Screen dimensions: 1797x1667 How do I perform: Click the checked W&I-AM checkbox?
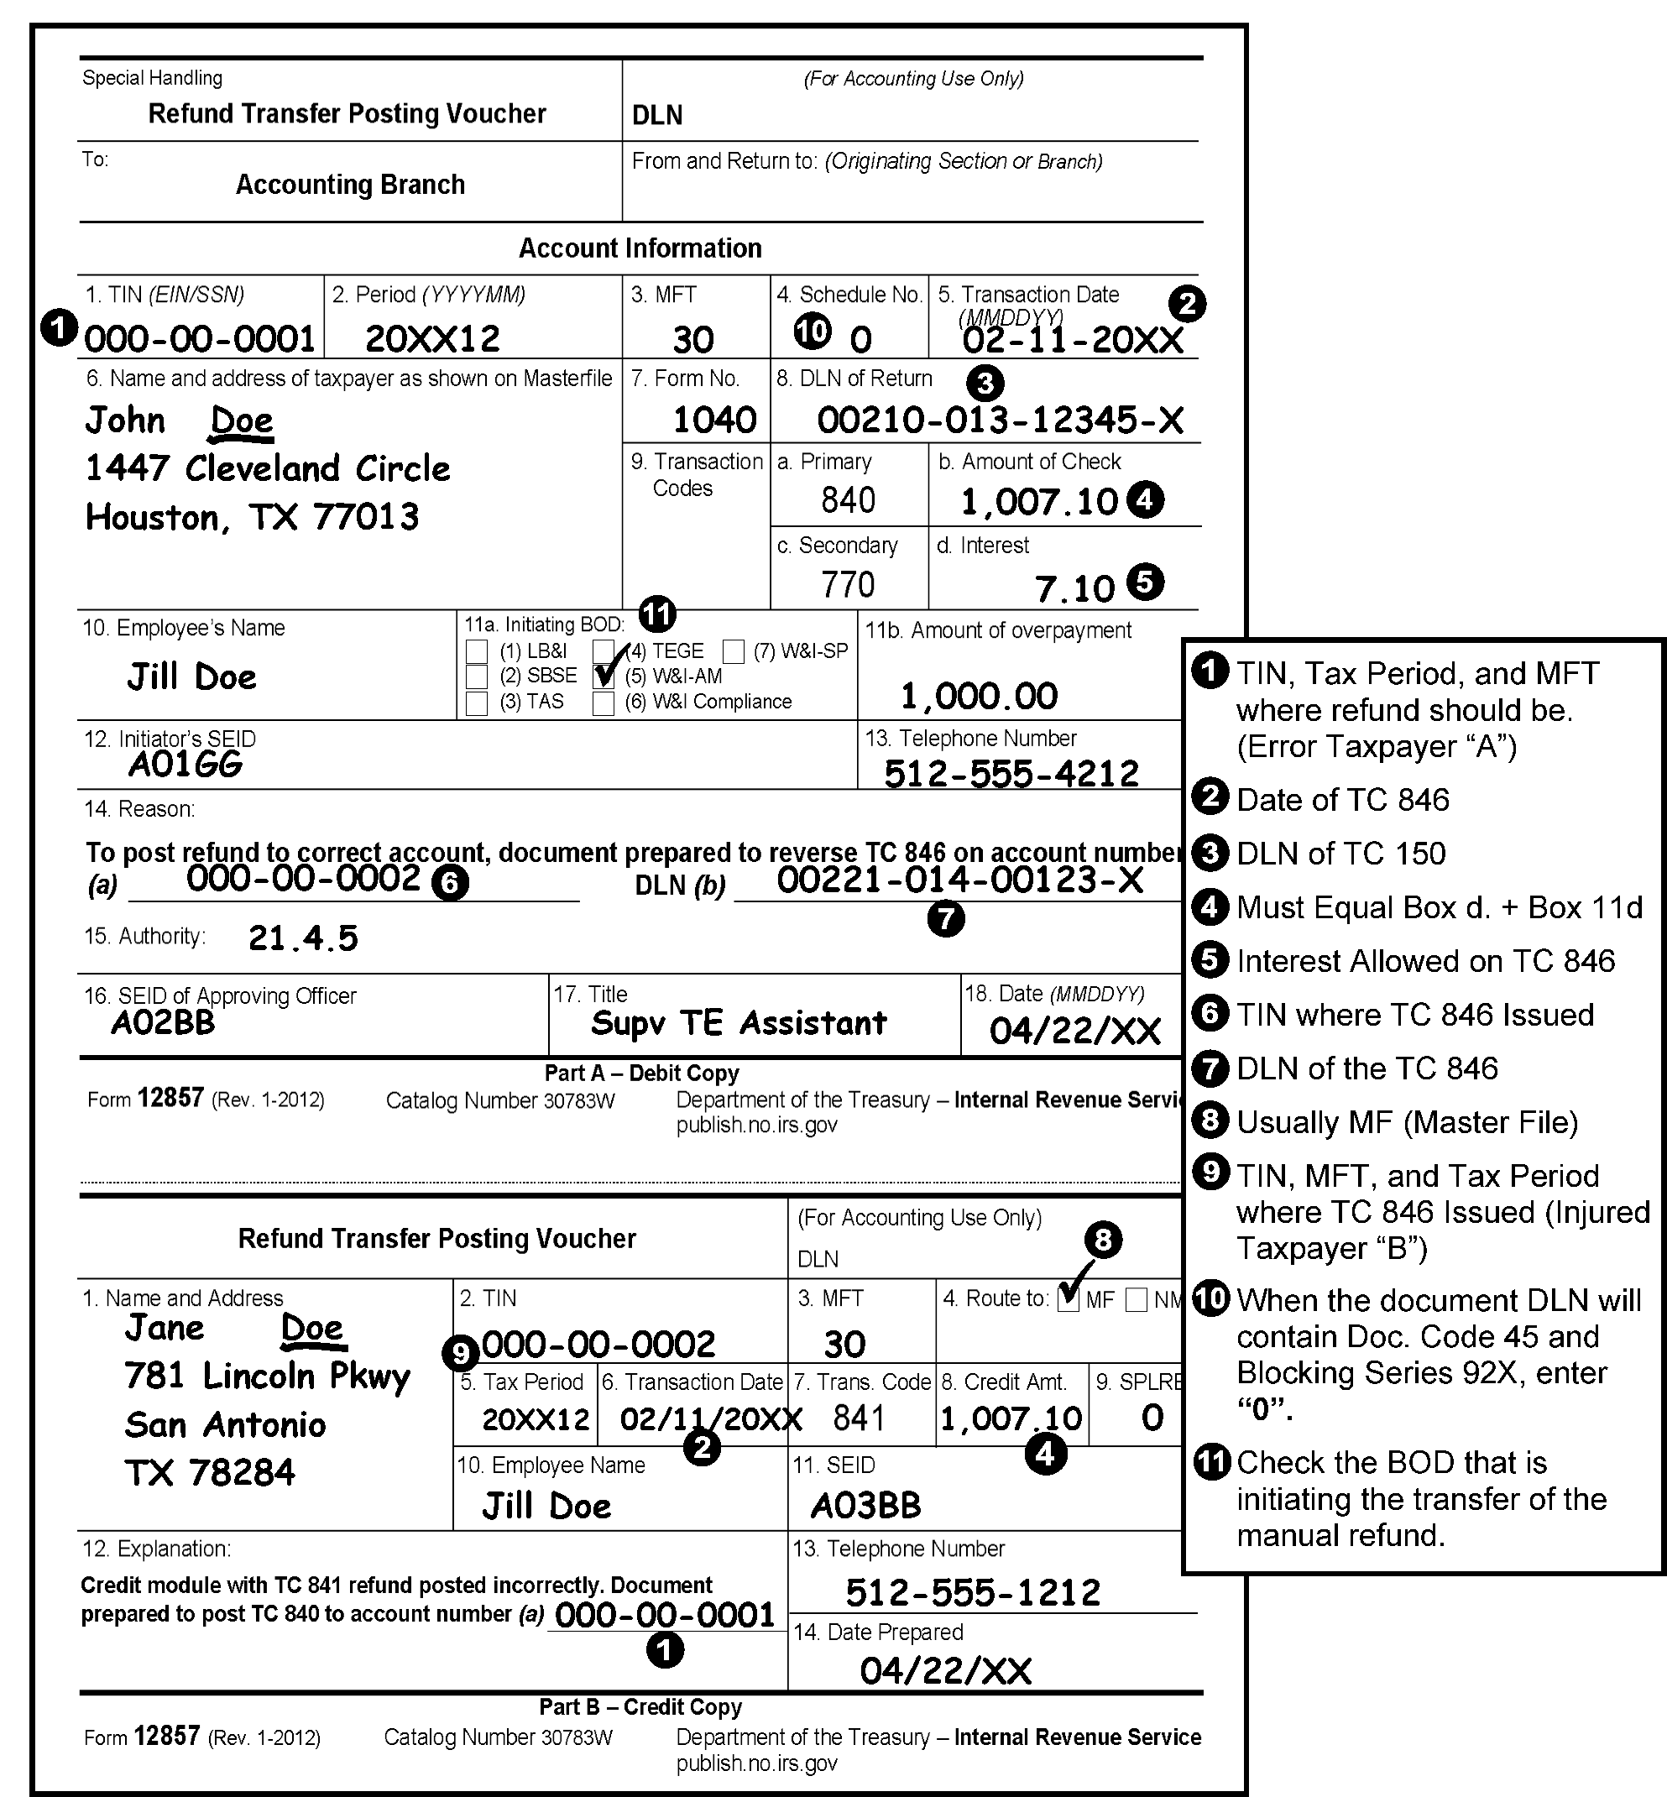click(604, 676)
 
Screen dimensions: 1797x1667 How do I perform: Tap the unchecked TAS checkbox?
click(476, 703)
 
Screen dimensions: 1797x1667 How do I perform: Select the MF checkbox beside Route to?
click(1069, 1300)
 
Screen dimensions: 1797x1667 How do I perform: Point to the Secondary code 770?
click(848, 584)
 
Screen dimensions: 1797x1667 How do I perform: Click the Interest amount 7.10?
click(1074, 589)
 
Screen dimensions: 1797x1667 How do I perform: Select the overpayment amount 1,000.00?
click(979, 696)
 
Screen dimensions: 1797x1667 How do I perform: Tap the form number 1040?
click(714, 420)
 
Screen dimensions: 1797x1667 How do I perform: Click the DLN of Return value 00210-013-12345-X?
click(1001, 420)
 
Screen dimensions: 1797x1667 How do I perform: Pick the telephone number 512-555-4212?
click(1011, 773)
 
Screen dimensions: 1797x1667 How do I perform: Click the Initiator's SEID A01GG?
click(186, 765)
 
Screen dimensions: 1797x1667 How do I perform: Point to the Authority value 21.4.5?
click(303, 938)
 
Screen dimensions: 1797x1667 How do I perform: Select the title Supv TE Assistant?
click(739, 1023)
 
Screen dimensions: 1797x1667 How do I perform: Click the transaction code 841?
click(860, 1418)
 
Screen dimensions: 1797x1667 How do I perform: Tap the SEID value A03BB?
click(866, 1505)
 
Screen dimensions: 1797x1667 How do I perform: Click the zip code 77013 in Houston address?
click(366, 517)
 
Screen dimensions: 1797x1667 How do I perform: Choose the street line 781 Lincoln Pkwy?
click(267, 1376)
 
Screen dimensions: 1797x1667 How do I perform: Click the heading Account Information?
click(640, 248)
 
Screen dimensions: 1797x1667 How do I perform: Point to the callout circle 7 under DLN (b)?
click(945, 919)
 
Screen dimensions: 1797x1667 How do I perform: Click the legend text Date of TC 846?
click(1342, 800)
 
